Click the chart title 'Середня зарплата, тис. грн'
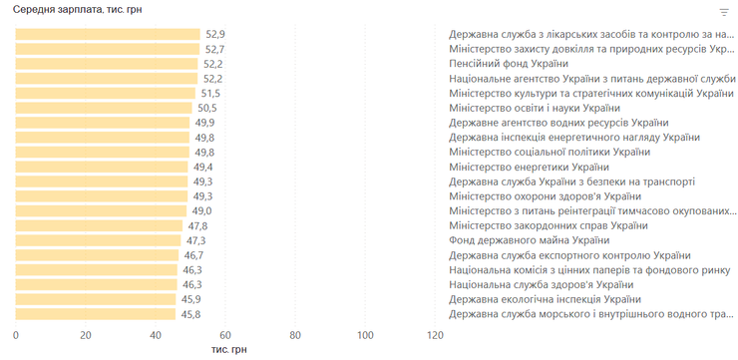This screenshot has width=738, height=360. [x=77, y=10]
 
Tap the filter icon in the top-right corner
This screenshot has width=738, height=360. [x=724, y=12]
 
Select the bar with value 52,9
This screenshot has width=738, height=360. [x=108, y=34]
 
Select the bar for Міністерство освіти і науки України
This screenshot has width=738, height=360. [x=104, y=109]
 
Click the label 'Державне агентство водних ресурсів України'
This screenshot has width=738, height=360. [x=558, y=123]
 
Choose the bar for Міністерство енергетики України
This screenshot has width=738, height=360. [x=102, y=168]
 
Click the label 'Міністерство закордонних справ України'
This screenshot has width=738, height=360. [x=549, y=226]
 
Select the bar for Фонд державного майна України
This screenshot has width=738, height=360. [x=98, y=240]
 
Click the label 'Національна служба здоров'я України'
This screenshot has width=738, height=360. [x=542, y=284]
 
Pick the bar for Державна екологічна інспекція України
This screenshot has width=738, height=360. [x=96, y=299]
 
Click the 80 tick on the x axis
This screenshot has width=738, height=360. [x=295, y=335]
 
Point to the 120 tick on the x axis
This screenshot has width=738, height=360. [x=435, y=335]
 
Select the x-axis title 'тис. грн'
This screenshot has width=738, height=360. [x=228, y=350]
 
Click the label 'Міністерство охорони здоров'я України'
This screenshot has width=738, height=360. [x=546, y=196]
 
